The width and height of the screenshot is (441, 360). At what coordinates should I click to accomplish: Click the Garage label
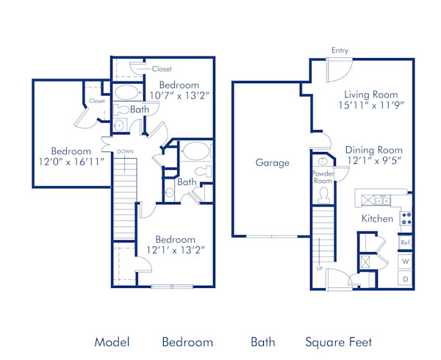pos(272,163)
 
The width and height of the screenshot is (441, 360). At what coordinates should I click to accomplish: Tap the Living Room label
pos(371,95)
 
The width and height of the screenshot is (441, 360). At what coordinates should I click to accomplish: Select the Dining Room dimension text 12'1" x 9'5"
pos(374,161)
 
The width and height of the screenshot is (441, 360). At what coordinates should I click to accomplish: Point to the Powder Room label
pos(323,177)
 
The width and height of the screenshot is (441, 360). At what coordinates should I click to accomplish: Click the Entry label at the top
pos(340,51)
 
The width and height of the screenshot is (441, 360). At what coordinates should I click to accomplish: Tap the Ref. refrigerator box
pos(405,242)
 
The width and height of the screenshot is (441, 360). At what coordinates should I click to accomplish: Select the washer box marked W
pos(405,261)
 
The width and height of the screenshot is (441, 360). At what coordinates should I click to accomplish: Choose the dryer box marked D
pos(405,279)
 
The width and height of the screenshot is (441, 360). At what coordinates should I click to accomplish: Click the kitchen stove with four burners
pos(406,218)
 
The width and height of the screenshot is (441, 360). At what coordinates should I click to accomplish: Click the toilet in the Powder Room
pos(323,194)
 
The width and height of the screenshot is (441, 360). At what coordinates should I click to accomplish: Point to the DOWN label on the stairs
pos(126,152)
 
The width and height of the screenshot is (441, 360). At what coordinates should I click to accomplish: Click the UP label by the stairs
pos(319,269)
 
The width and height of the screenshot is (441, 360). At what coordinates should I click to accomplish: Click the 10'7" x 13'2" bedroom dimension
pos(179,95)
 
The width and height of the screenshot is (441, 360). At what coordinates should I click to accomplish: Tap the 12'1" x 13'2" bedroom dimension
pos(174,250)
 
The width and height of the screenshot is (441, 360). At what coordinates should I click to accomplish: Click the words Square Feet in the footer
pos(339,342)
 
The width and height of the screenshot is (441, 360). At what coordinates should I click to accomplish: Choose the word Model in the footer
pos(112,342)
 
